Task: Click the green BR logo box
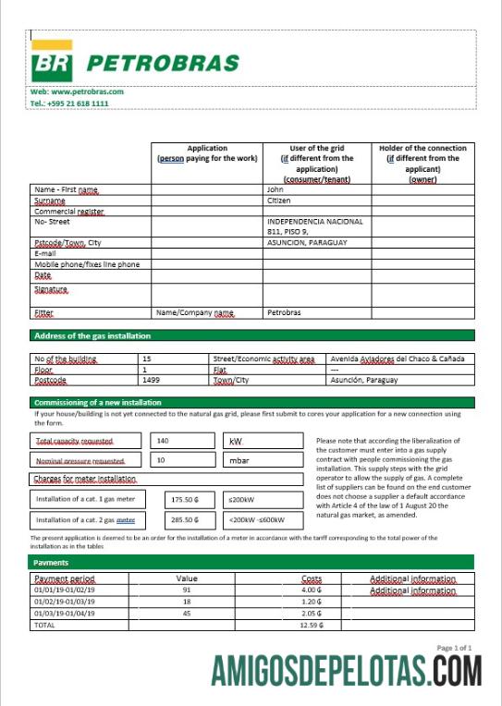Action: [52, 63]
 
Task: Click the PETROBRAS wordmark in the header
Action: [163, 64]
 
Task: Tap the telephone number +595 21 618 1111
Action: [69, 104]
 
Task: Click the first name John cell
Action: [275, 189]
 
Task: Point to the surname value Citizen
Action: [279, 201]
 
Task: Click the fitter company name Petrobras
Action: [284, 313]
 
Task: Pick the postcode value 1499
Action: [152, 380]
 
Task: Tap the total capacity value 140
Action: [163, 441]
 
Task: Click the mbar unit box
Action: [263, 459]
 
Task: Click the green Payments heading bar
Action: [251, 562]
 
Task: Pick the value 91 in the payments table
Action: [187, 590]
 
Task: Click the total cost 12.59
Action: [311, 625]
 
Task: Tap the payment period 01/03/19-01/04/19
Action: [65, 613]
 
